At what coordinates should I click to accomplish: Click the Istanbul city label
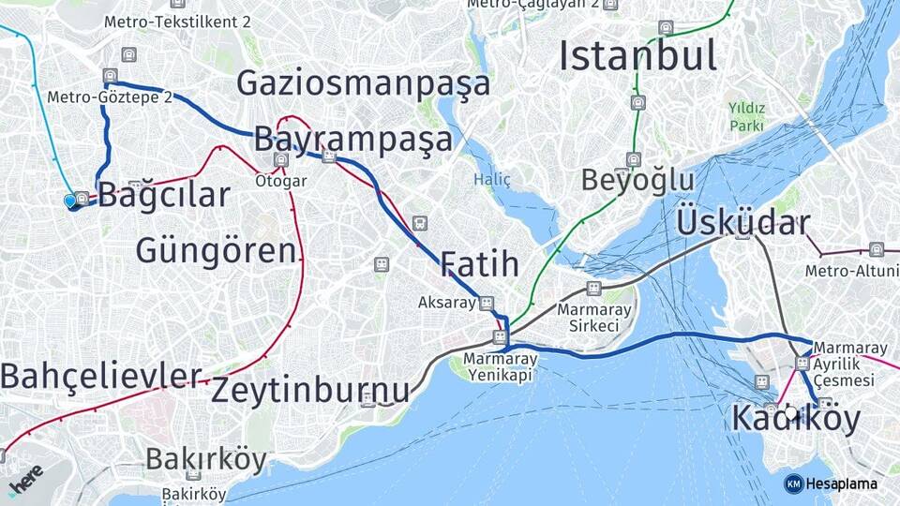pos(637,55)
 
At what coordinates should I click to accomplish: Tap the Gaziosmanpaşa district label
pos(363,83)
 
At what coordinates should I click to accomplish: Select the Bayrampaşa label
pos(352,140)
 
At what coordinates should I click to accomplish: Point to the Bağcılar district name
pos(163,195)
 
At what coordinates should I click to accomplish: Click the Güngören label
pos(216,250)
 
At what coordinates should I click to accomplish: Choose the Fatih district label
pos(479,264)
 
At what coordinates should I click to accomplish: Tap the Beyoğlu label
pos(637,179)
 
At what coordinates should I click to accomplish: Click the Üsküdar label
pos(742,222)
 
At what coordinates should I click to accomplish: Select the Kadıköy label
pos(795,419)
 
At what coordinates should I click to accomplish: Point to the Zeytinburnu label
pos(310,390)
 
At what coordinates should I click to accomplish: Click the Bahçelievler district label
pos(100,376)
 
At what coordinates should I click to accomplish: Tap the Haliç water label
pos(492,179)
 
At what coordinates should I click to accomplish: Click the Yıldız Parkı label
pos(746,116)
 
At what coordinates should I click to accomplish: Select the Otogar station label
pos(281,181)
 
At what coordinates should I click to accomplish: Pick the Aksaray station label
pos(447,303)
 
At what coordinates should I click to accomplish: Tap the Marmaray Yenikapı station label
pos(501,366)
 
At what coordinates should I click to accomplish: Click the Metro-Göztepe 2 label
pos(110,97)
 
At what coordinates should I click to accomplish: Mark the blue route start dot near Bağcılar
pos(70,201)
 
